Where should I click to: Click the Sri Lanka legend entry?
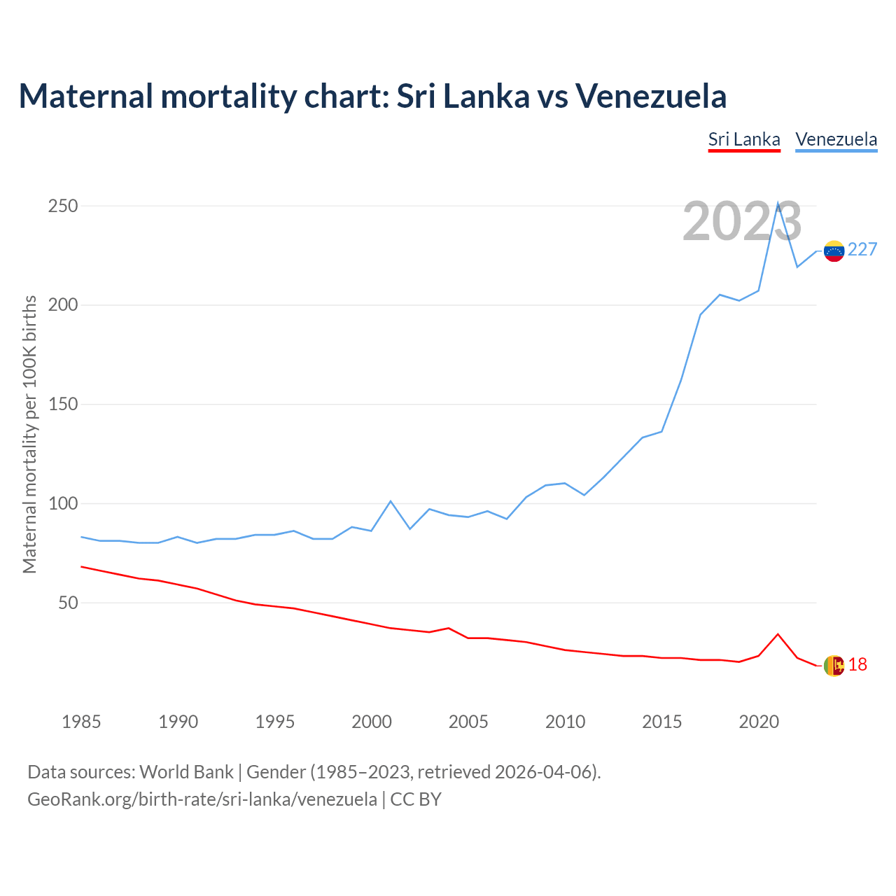(744, 139)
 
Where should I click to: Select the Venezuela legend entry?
(836, 139)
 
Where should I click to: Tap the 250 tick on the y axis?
(63, 206)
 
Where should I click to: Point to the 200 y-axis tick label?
(63, 305)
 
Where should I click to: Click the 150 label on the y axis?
(63, 405)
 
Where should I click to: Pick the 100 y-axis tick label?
(63, 504)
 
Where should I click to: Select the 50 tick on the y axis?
(68, 603)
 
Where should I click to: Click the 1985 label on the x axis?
(81, 722)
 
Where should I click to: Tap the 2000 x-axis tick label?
(372, 722)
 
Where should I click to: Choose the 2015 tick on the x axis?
(661, 722)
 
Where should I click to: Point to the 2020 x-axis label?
(759, 722)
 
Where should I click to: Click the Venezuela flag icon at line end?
(834, 251)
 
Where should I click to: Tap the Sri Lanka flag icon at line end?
(834, 666)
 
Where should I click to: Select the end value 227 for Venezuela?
(862, 250)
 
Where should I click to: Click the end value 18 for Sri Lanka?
(857, 665)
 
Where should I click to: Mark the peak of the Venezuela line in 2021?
(778, 204)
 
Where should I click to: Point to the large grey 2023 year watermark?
(742, 222)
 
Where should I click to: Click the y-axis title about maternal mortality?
(29, 434)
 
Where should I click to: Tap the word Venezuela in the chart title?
(651, 96)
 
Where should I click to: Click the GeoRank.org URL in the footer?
(202, 799)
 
